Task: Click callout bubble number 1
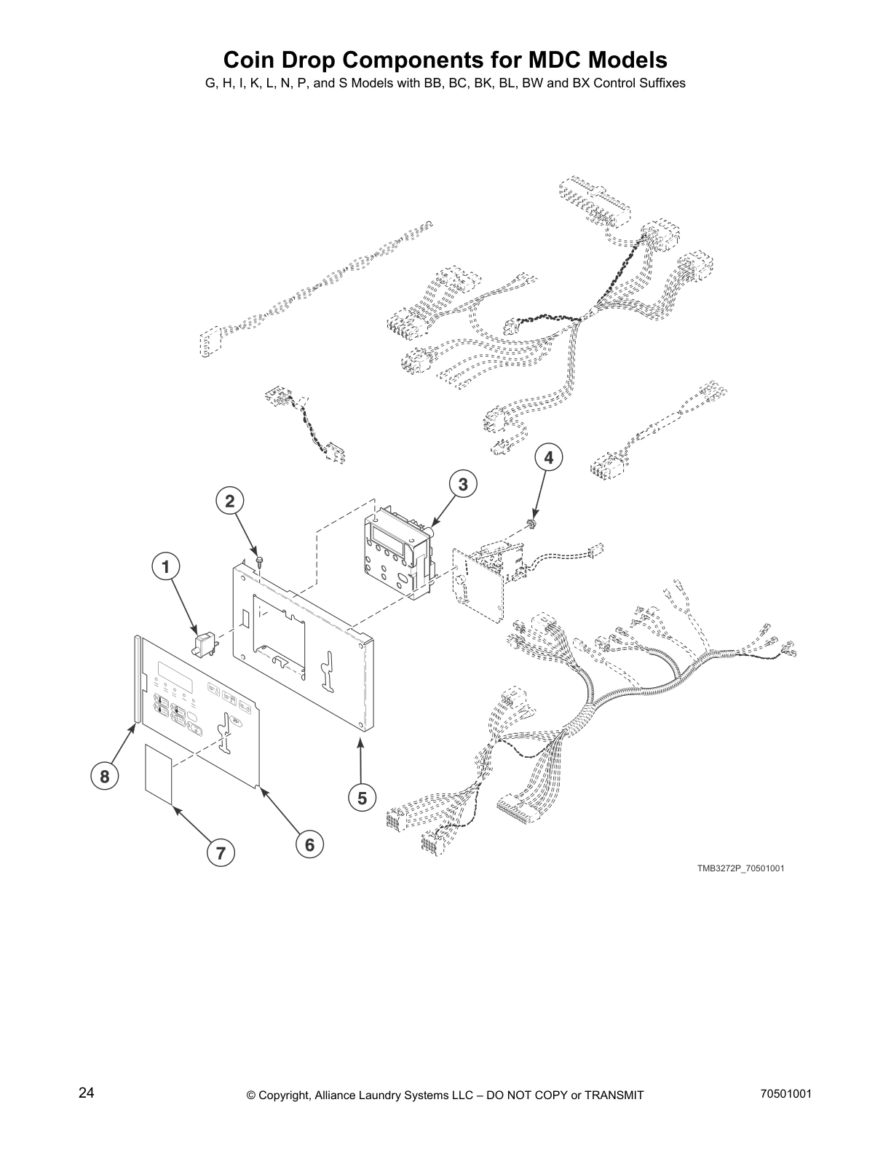pos(166,566)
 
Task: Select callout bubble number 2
pos(230,501)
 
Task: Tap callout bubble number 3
pos(462,483)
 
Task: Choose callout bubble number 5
pos(362,799)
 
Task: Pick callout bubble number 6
pos(309,844)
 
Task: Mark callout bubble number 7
pos(221,852)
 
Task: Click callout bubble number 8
pos(105,777)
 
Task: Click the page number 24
pos(87,1093)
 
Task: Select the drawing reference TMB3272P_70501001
pos(740,868)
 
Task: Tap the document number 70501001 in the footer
pos(785,1093)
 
